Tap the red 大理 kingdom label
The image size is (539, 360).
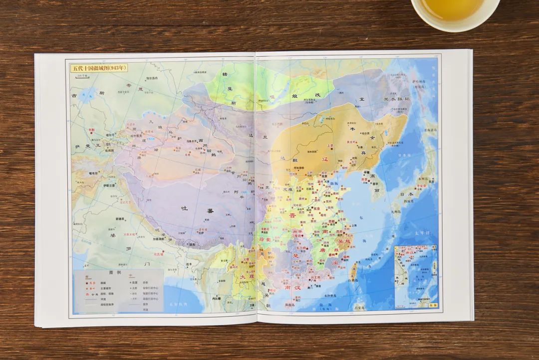click(244, 277)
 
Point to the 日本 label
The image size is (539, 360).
click(407, 194)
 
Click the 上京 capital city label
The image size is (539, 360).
click(329, 146)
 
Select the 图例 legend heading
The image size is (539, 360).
click(115, 273)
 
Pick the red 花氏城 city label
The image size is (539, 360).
click(159, 254)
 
